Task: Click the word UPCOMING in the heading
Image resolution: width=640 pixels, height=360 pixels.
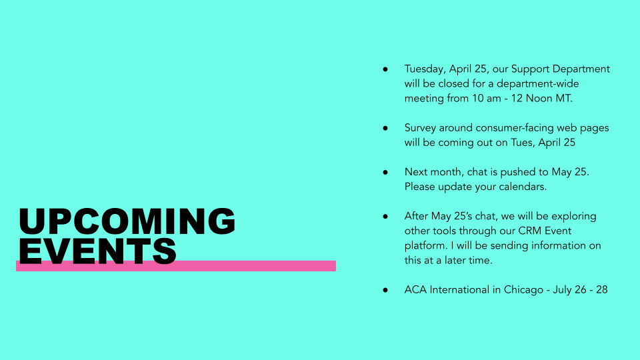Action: point(127,221)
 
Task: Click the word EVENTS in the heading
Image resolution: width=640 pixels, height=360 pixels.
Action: point(97,251)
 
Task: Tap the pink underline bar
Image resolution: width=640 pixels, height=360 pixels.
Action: point(176,266)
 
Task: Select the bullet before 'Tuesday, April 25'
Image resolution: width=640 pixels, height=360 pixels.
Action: point(385,69)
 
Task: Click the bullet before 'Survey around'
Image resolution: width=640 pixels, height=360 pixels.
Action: point(385,128)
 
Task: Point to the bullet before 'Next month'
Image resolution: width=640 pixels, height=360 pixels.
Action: point(385,172)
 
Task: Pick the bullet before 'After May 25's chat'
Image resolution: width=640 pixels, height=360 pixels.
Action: point(385,216)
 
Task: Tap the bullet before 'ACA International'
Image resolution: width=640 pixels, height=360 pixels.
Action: point(385,290)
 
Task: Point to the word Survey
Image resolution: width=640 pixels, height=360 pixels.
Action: point(420,128)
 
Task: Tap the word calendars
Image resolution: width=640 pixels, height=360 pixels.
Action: point(523,187)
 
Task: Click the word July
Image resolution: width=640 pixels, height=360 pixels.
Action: point(562,290)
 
